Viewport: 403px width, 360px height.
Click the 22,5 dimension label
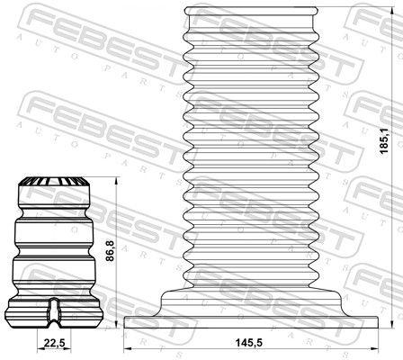55,341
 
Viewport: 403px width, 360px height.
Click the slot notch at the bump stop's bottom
54,310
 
